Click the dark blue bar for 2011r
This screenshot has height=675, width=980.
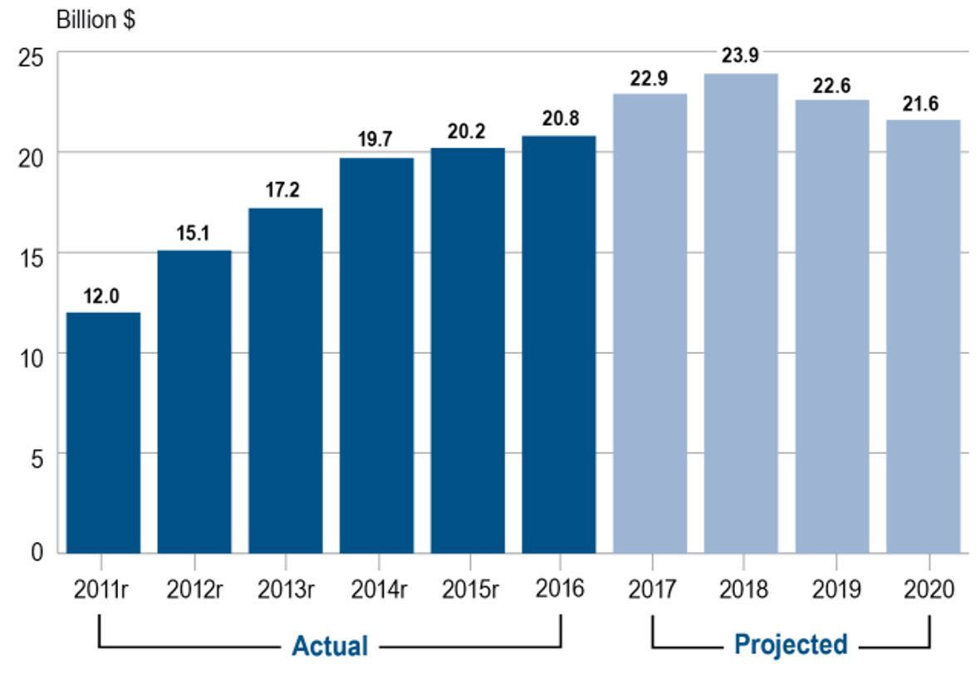103,433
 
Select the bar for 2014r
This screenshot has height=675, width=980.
376,355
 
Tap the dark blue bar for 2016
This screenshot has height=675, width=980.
559,345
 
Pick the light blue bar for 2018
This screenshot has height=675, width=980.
741,313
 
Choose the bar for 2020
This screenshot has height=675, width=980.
923,336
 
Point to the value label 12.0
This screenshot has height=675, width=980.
103,296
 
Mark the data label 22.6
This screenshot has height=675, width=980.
831,86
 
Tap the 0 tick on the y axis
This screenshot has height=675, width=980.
38,553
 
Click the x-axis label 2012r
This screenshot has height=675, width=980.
194,590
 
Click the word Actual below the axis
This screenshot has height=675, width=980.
329,646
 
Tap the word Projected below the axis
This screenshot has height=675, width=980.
791,644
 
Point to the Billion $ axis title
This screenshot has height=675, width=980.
96,20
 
